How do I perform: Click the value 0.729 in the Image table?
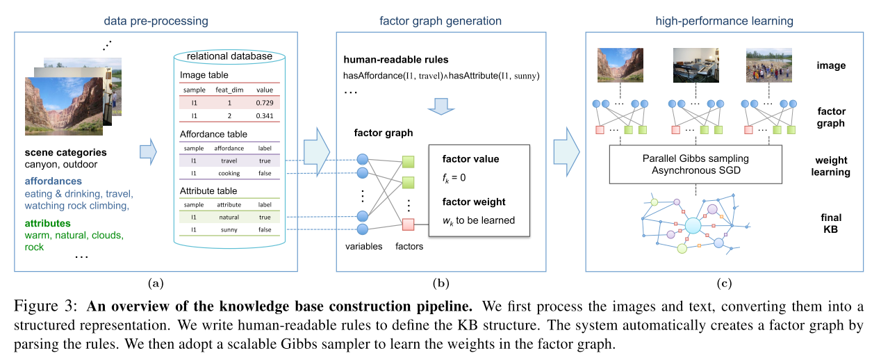[x=264, y=103]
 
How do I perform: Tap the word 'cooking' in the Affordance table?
[x=229, y=173]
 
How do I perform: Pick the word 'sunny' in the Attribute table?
[x=229, y=229]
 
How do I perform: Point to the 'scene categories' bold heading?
[x=65, y=152]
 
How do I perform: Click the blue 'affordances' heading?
[x=53, y=181]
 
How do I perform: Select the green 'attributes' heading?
[x=47, y=223]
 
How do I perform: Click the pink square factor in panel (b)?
[x=408, y=223]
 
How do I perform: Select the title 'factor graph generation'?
[x=440, y=21]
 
